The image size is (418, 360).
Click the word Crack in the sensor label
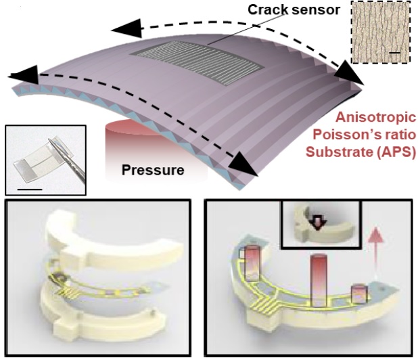268,10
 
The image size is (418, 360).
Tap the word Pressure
153,170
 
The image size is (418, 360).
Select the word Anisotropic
376,118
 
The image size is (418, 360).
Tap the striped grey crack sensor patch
197,63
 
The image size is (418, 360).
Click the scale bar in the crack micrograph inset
395,53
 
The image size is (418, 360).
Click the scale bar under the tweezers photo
30,189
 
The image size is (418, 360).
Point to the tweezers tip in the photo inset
49,139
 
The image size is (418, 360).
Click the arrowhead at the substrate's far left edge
23,75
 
